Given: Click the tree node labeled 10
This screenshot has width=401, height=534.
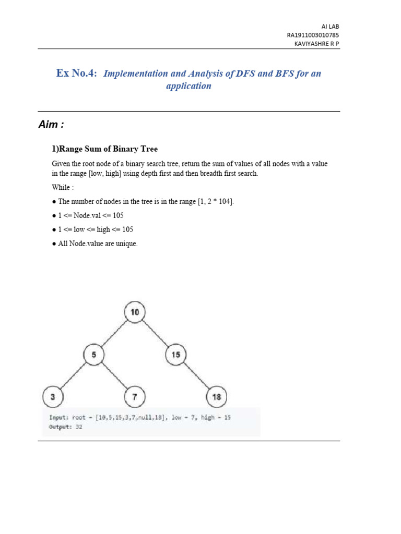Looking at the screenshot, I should tap(135, 312).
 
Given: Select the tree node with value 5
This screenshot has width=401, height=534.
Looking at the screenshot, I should tap(93, 355).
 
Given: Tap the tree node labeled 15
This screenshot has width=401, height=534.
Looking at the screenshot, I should tap(175, 355).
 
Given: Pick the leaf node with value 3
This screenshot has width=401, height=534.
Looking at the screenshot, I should tap(52, 397).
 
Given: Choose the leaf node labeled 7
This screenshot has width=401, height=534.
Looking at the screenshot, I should tap(135, 397).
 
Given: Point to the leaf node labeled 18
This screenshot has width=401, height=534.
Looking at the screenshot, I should tap(216, 397).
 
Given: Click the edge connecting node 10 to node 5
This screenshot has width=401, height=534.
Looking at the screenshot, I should tap(114, 334).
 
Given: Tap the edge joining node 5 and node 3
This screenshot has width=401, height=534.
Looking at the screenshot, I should tap(73, 376).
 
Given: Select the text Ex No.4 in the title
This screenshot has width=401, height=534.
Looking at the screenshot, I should tap(77, 73).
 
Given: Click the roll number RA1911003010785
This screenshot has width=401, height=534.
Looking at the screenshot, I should tap(313, 35).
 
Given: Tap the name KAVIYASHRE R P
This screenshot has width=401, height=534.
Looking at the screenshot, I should tap(317, 44).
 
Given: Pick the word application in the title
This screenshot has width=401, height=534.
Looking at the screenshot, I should tap(188, 86).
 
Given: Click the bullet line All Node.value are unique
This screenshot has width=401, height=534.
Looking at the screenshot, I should tap(95, 244).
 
